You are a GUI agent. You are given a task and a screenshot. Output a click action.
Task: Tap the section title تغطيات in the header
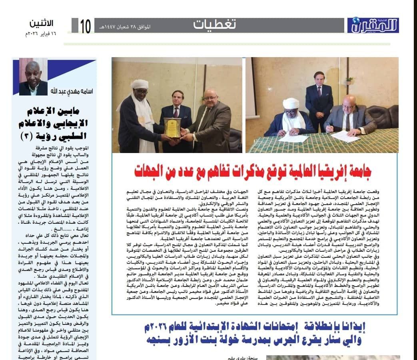coord(215,25)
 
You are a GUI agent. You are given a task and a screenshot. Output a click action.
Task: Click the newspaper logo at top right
coord(373,26)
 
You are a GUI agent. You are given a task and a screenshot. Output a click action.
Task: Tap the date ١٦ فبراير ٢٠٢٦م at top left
coord(40,34)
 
